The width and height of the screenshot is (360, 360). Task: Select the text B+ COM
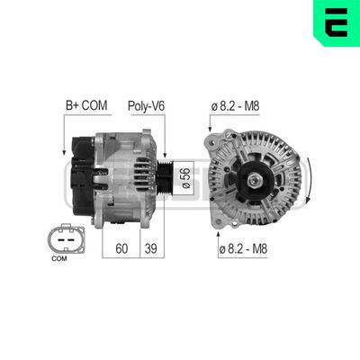85,106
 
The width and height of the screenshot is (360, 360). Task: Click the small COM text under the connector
59,259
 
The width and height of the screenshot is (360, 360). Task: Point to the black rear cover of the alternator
80,175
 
